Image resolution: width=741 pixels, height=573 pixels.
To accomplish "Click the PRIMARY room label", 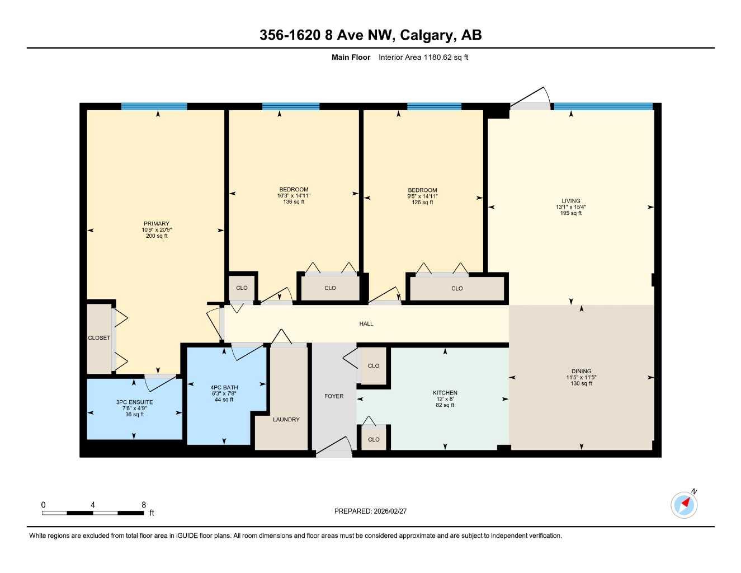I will [x=156, y=223].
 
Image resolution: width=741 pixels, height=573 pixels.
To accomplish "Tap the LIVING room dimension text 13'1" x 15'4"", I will [x=570, y=207].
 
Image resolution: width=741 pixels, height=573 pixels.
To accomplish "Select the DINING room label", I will [x=581, y=371].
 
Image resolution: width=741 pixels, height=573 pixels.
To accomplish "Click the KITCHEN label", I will [x=445, y=393].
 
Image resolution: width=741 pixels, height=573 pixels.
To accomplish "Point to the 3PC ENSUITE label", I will [x=134, y=402].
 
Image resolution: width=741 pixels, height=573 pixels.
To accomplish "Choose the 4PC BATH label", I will [x=224, y=387].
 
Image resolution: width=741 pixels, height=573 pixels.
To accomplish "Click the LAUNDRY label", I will [x=286, y=419].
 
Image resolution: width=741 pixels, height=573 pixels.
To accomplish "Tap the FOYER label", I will [x=334, y=396].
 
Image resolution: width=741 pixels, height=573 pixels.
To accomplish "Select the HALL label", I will [x=366, y=323].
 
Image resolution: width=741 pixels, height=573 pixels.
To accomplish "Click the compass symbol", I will [x=684, y=505].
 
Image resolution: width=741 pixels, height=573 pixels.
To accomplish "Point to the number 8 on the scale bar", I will [x=144, y=505].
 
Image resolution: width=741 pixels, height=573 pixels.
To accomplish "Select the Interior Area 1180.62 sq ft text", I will [x=423, y=57].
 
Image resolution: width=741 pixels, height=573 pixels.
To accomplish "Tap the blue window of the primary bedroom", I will [x=154, y=106].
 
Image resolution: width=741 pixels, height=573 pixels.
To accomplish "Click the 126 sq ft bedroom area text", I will [x=422, y=203].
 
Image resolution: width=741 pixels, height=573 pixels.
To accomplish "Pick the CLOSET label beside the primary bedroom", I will [x=99, y=337].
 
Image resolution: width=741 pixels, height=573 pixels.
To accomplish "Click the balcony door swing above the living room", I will [x=528, y=99].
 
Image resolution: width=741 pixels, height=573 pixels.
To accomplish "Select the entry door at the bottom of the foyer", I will [x=334, y=448].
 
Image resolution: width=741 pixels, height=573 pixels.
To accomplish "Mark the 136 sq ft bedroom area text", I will [x=294, y=202].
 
